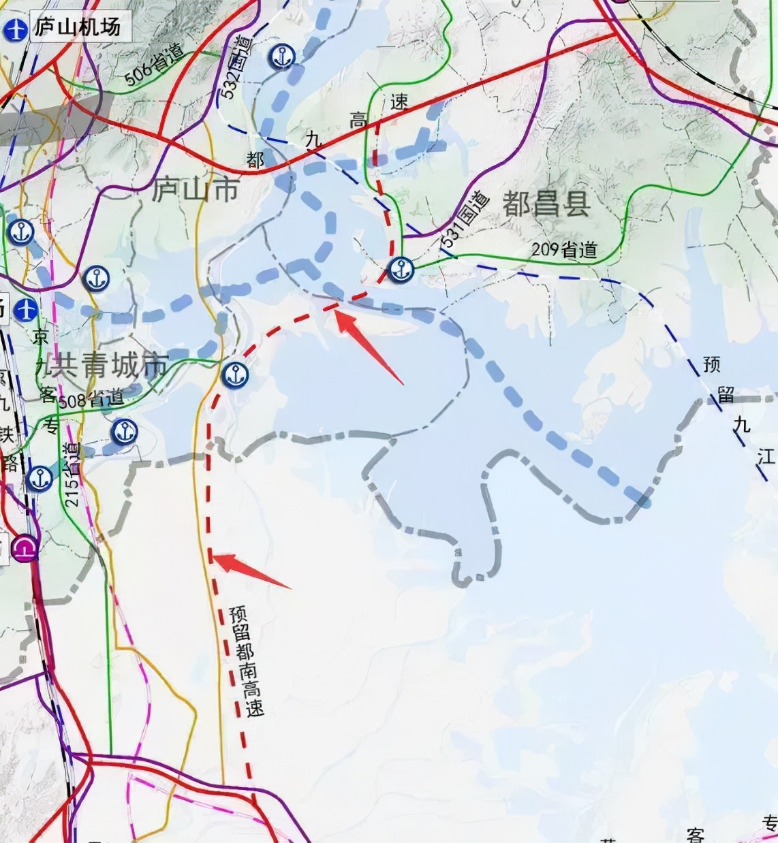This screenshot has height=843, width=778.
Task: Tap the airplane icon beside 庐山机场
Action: pyautogui.click(x=15, y=30)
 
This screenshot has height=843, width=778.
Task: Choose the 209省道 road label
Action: pyautogui.click(x=564, y=250)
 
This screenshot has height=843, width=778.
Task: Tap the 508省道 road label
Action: pyautogui.click(x=91, y=399)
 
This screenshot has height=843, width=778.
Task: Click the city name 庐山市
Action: pyautogui.click(x=196, y=189)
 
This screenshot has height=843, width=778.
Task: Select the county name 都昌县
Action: pyautogui.click(x=546, y=204)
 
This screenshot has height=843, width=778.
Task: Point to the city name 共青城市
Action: pyautogui.click(x=102, y=366)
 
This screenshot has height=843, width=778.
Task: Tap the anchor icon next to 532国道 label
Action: pyautogui.click(x=281, y=57)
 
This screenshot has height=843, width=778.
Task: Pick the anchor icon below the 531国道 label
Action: pyautogui.click(x=401, y=270)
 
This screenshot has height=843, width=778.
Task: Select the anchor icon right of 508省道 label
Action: pyautogui.click(x=124, y=432)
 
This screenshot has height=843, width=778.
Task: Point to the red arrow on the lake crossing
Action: pyautogui.click(x=368, y=345)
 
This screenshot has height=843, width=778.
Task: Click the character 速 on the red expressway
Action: pyautogui.click(x=399, y=102)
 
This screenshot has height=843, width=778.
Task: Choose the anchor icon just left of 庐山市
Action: pyautogui.click(x=96, y=279)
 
